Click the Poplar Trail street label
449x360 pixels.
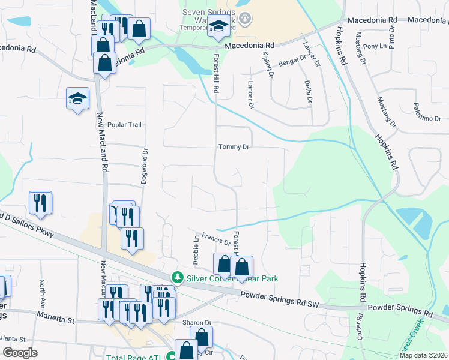coord(124,125)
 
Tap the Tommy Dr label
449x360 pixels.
coord(234,147)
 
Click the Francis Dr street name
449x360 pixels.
coord(216,239)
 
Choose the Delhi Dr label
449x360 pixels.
coord(308,91)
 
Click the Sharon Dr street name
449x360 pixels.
coord(197,323)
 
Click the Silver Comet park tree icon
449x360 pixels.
coord(177,278)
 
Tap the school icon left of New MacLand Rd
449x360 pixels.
coord(77,98)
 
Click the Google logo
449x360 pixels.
coord(20,353)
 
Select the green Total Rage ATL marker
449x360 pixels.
coord(172,356)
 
